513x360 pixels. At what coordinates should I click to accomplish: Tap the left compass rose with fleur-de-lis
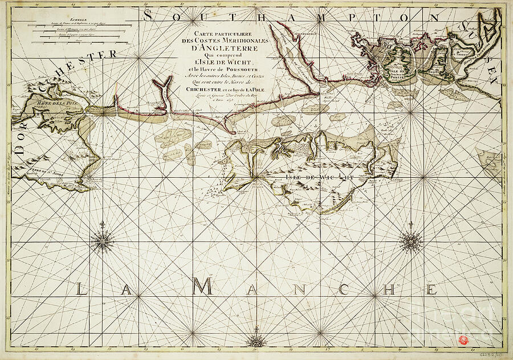coord(103,241)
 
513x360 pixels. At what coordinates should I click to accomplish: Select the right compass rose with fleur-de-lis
coord(410,241)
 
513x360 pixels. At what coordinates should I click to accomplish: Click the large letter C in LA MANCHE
coord(344,289)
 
